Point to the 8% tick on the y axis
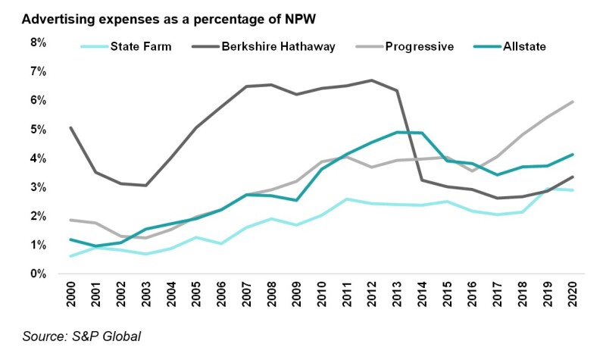(39, 42)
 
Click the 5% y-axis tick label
(39, 130)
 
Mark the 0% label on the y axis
(39, 274)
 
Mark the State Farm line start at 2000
(71, 256)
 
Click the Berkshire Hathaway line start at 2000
(71, 127)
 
